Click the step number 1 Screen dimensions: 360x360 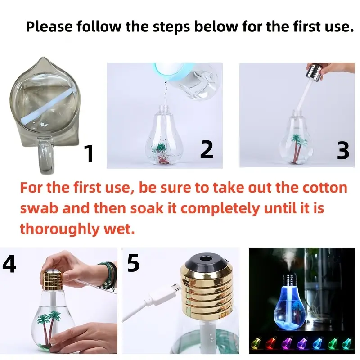click(89, 153)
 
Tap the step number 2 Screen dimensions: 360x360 click(207, 149)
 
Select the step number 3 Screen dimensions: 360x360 click(343, 150)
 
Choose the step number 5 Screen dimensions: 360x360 click(133, 263)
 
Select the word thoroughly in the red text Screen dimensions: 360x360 click(58, 229)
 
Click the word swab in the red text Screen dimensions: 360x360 click(39, 208)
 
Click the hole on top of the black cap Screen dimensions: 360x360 click(206, 258)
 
